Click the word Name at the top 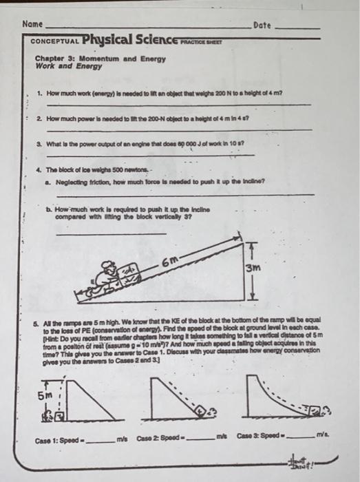(x=32, y=24)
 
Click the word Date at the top (x=262, y=25)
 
